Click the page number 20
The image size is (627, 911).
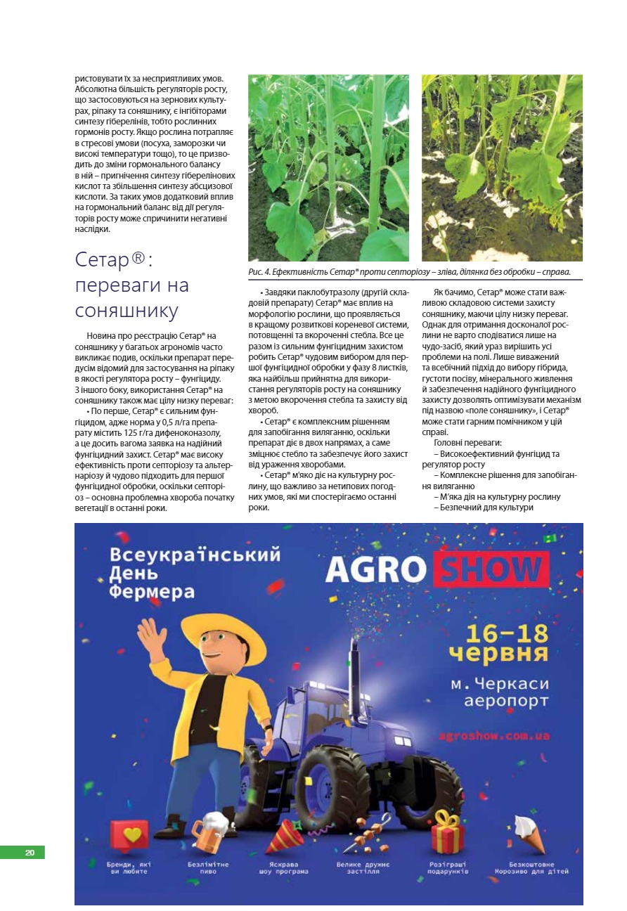pyautogui.click(x=30, y=853)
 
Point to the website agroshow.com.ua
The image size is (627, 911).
pyautogui.click(x=493, y=736)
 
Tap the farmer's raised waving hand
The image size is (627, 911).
pyautogui.click(x=151, y=635)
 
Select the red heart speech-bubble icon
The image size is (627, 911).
pyautogui.click(x=130, y=835)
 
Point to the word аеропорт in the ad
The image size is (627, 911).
pyautogui.click(x=508, y=701)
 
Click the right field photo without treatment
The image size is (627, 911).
pyautogui.click(x=502, y=168)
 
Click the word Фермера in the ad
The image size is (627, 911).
pyautogui.click(x=151, y=591)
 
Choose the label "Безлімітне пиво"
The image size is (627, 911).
pyautogui.click(x=208, y=867)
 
